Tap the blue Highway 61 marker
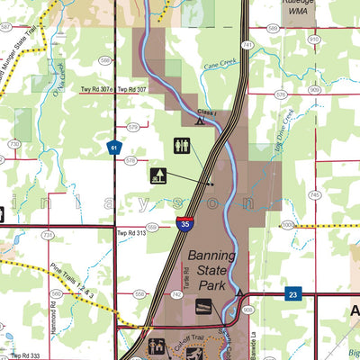point(113,148)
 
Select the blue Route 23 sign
point(292,294)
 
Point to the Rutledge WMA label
point(300,8)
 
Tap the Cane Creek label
point(219,66)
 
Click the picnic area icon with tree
point(158,175)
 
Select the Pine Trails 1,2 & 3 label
point(73,282)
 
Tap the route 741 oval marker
point(246,43)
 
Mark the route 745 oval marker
point(314,194)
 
